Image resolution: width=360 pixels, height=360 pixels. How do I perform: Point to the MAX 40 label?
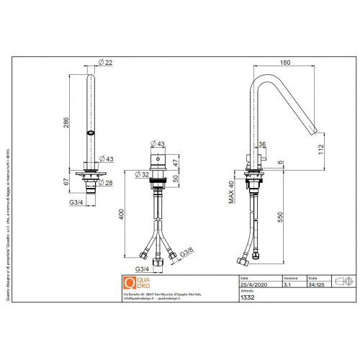tap(232, 194)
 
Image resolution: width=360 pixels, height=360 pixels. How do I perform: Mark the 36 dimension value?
tap(262, 144)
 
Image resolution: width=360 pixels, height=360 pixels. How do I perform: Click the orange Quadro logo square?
tap(130, 282)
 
